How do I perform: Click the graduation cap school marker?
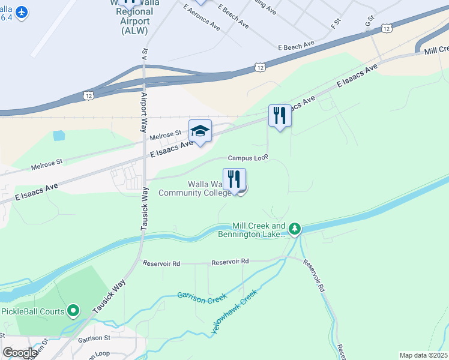(x=200, y=131)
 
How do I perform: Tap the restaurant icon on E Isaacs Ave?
(x=279, y=115)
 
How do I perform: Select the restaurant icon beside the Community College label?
(x=235, y=179)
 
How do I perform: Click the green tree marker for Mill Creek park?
(x=294, y=229)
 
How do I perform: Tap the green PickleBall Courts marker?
(x=73, y=310)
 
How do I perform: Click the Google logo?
(x=20, y=352)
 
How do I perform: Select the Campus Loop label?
(x=247, y=158)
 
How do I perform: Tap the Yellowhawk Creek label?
(x=234, y=311)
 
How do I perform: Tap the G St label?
(x=369, y=21)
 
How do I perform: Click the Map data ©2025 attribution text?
(x=424, y=355)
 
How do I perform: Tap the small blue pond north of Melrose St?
(x=58, y=136)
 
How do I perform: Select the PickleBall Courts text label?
(x=32, y=311)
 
